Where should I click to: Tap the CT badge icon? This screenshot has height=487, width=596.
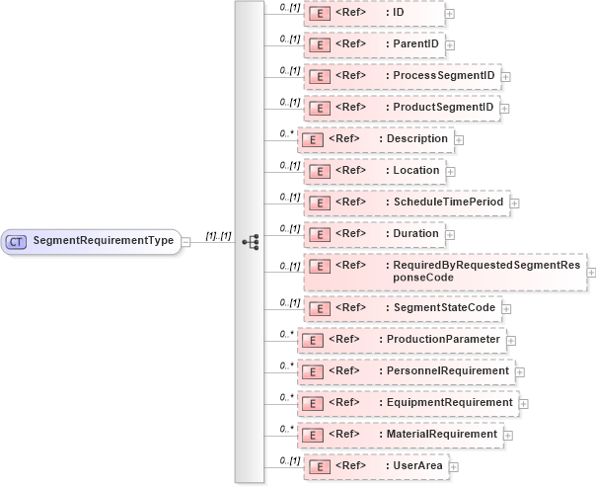(17, 241)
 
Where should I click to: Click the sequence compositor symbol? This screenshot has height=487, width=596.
(250, 241)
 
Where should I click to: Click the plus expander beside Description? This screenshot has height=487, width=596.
(459, 139)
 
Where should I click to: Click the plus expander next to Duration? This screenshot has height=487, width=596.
(451, 234)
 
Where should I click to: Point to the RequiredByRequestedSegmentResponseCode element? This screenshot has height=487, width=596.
(445, 272)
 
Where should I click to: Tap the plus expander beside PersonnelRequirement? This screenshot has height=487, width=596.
(520, 372)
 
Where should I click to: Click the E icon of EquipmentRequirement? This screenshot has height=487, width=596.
(312, 404)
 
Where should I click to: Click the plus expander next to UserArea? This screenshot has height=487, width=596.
(453, 466)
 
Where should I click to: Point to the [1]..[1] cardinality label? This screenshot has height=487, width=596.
(218, 236)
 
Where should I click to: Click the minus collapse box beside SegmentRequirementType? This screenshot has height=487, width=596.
(186, 241)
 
